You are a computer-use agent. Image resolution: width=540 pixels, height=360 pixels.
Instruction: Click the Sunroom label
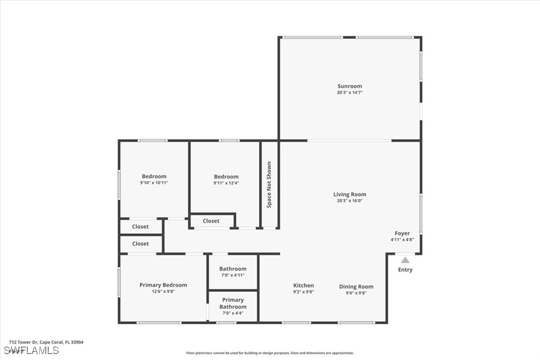[350, 86]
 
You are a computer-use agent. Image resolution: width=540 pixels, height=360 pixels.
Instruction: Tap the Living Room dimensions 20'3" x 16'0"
[350, 200]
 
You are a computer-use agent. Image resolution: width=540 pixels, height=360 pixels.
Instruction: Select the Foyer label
[402, 233]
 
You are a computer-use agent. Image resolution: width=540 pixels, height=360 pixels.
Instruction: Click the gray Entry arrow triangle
[405, 260]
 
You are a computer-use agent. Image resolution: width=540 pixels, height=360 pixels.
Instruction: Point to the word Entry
[405, 270]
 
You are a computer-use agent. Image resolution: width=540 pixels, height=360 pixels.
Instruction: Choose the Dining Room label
[356, 286]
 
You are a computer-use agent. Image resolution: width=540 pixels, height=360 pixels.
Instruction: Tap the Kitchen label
[303, 285]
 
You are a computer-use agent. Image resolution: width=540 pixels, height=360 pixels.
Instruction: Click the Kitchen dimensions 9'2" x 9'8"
[303, 292]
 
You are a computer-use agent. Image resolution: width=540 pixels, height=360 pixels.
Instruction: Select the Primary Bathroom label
[233, 303]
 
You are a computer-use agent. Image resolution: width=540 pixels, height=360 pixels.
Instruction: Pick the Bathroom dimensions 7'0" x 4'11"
[233, 275]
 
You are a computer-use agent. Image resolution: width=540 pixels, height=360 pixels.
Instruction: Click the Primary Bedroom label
[163, 285]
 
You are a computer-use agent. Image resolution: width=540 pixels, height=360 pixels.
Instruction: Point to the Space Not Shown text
[269, 184]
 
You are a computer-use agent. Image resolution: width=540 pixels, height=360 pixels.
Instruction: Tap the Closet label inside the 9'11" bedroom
[211, 221]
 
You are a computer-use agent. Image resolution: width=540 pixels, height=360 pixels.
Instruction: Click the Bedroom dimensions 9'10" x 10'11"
[154, 182]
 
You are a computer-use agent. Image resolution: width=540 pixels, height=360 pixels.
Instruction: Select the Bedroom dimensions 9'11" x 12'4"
[226, 183]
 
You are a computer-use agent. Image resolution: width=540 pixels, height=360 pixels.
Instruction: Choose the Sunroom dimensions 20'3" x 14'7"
[350, 92]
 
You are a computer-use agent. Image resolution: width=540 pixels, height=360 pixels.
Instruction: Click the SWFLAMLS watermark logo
[31, 351]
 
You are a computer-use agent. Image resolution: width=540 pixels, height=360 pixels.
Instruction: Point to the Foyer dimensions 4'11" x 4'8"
[402, 240]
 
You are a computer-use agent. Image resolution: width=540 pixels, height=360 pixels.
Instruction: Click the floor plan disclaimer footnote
[270, 353]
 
